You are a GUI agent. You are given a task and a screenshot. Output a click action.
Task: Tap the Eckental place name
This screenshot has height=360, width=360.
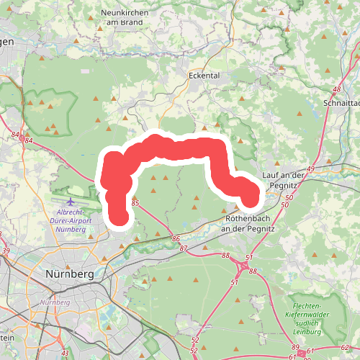(203, 75)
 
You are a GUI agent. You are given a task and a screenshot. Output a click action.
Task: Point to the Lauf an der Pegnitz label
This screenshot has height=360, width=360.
(286, 180)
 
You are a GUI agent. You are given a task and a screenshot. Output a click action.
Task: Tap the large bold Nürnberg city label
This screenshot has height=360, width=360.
(70, 274)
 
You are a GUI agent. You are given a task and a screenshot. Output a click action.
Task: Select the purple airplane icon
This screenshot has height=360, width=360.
(70, 202)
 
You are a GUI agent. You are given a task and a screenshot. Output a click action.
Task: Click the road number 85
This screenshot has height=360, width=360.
(135, 204)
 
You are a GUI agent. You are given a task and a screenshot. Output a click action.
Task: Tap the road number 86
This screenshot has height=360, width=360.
(176, 238)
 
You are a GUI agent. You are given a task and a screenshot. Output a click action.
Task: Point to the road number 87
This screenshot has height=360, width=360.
(184, 248)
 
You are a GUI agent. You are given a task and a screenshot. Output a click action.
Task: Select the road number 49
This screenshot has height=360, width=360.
(312, 168)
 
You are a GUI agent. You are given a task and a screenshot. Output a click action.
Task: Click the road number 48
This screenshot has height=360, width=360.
(337, 89)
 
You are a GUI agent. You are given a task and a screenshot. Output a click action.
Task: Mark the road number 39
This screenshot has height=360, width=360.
(6, 251)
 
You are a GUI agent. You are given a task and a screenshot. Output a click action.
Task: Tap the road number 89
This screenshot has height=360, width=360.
(295, 347)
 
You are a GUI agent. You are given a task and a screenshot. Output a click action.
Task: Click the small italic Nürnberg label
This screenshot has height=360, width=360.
(55, 302)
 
